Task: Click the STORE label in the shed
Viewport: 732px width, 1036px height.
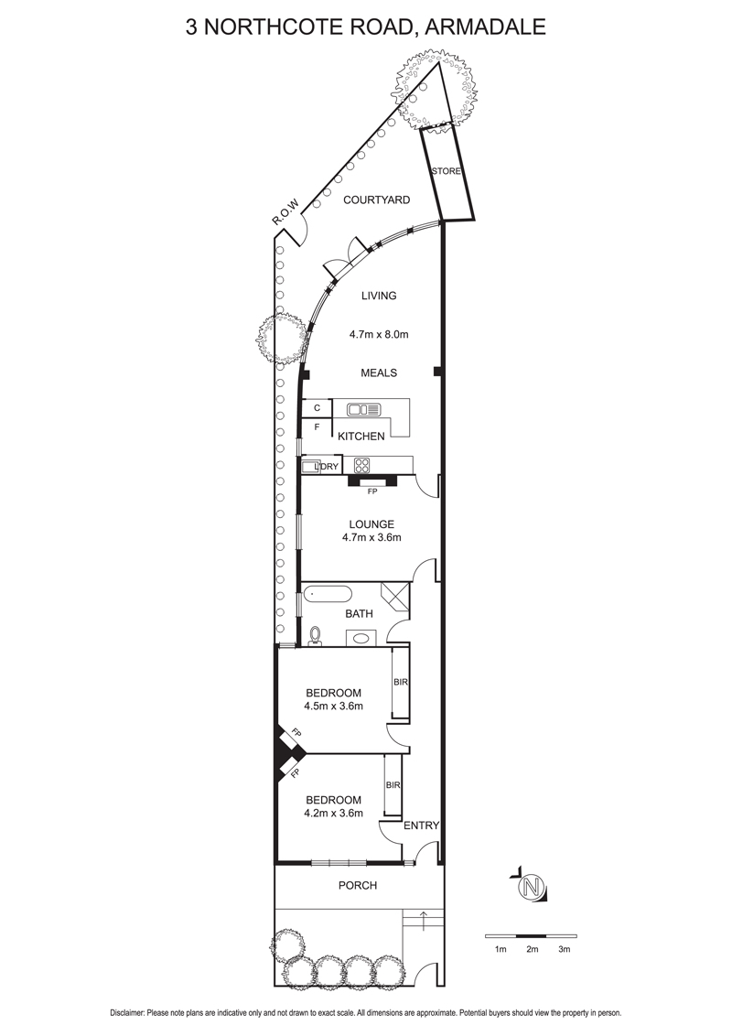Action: click(446, 171)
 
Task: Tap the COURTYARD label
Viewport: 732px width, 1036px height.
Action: click(377, 200)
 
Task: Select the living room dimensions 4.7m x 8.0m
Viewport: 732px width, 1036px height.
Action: click(379, 334)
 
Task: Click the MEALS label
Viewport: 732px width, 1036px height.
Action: click(379, 372)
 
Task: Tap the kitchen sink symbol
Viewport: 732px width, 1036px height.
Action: click(364, 410)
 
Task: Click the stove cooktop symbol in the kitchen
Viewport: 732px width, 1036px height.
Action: click(361, 465)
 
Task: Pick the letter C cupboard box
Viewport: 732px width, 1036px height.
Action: click(318, 408)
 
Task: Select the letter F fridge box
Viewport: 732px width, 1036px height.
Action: click(318, 427)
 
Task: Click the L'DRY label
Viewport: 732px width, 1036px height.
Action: click(327, 467)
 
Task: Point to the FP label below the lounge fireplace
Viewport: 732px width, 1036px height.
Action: click(371, 491)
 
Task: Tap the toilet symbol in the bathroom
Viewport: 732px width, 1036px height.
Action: click(316, 636)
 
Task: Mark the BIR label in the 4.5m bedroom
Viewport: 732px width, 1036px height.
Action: click(401, 682)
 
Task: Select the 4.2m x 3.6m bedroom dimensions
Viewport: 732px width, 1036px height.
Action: click(333, 813)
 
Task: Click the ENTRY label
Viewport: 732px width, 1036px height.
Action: click(421, 826)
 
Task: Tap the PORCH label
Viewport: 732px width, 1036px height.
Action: click(358, 885)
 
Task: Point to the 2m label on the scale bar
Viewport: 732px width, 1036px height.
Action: click(533, 949)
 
